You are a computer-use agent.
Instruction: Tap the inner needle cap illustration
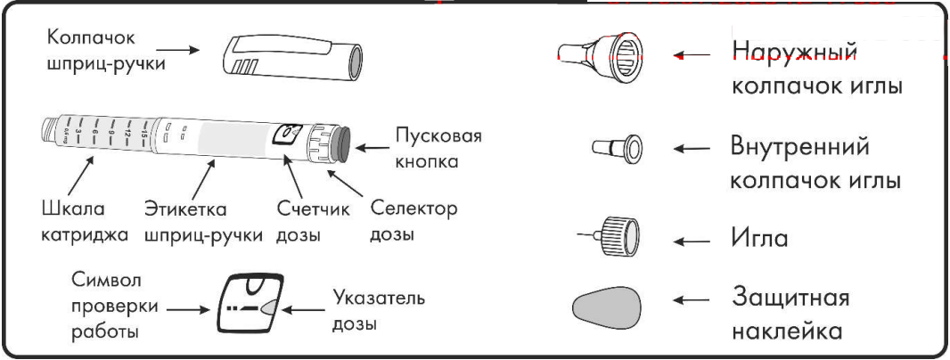[618, 149]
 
